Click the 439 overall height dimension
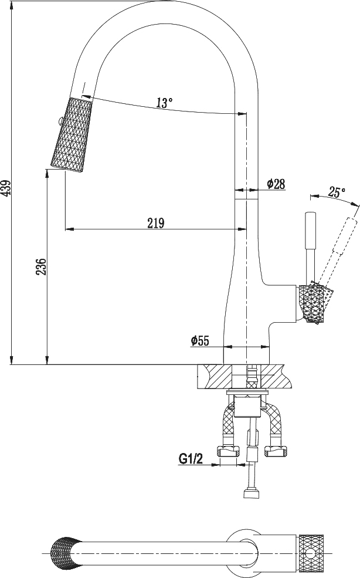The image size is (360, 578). point(6,187)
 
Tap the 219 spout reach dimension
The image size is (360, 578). point(155,223)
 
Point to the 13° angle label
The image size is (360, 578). point(165,103)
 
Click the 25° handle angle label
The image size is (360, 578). point(337,191)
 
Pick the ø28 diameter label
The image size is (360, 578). point(276,184)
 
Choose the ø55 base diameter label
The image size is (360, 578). point(200,340)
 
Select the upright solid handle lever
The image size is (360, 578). point(310,246)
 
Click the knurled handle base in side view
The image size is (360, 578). point(311,304)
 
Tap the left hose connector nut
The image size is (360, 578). point(229,451)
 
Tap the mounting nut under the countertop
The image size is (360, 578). point(246,404)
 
